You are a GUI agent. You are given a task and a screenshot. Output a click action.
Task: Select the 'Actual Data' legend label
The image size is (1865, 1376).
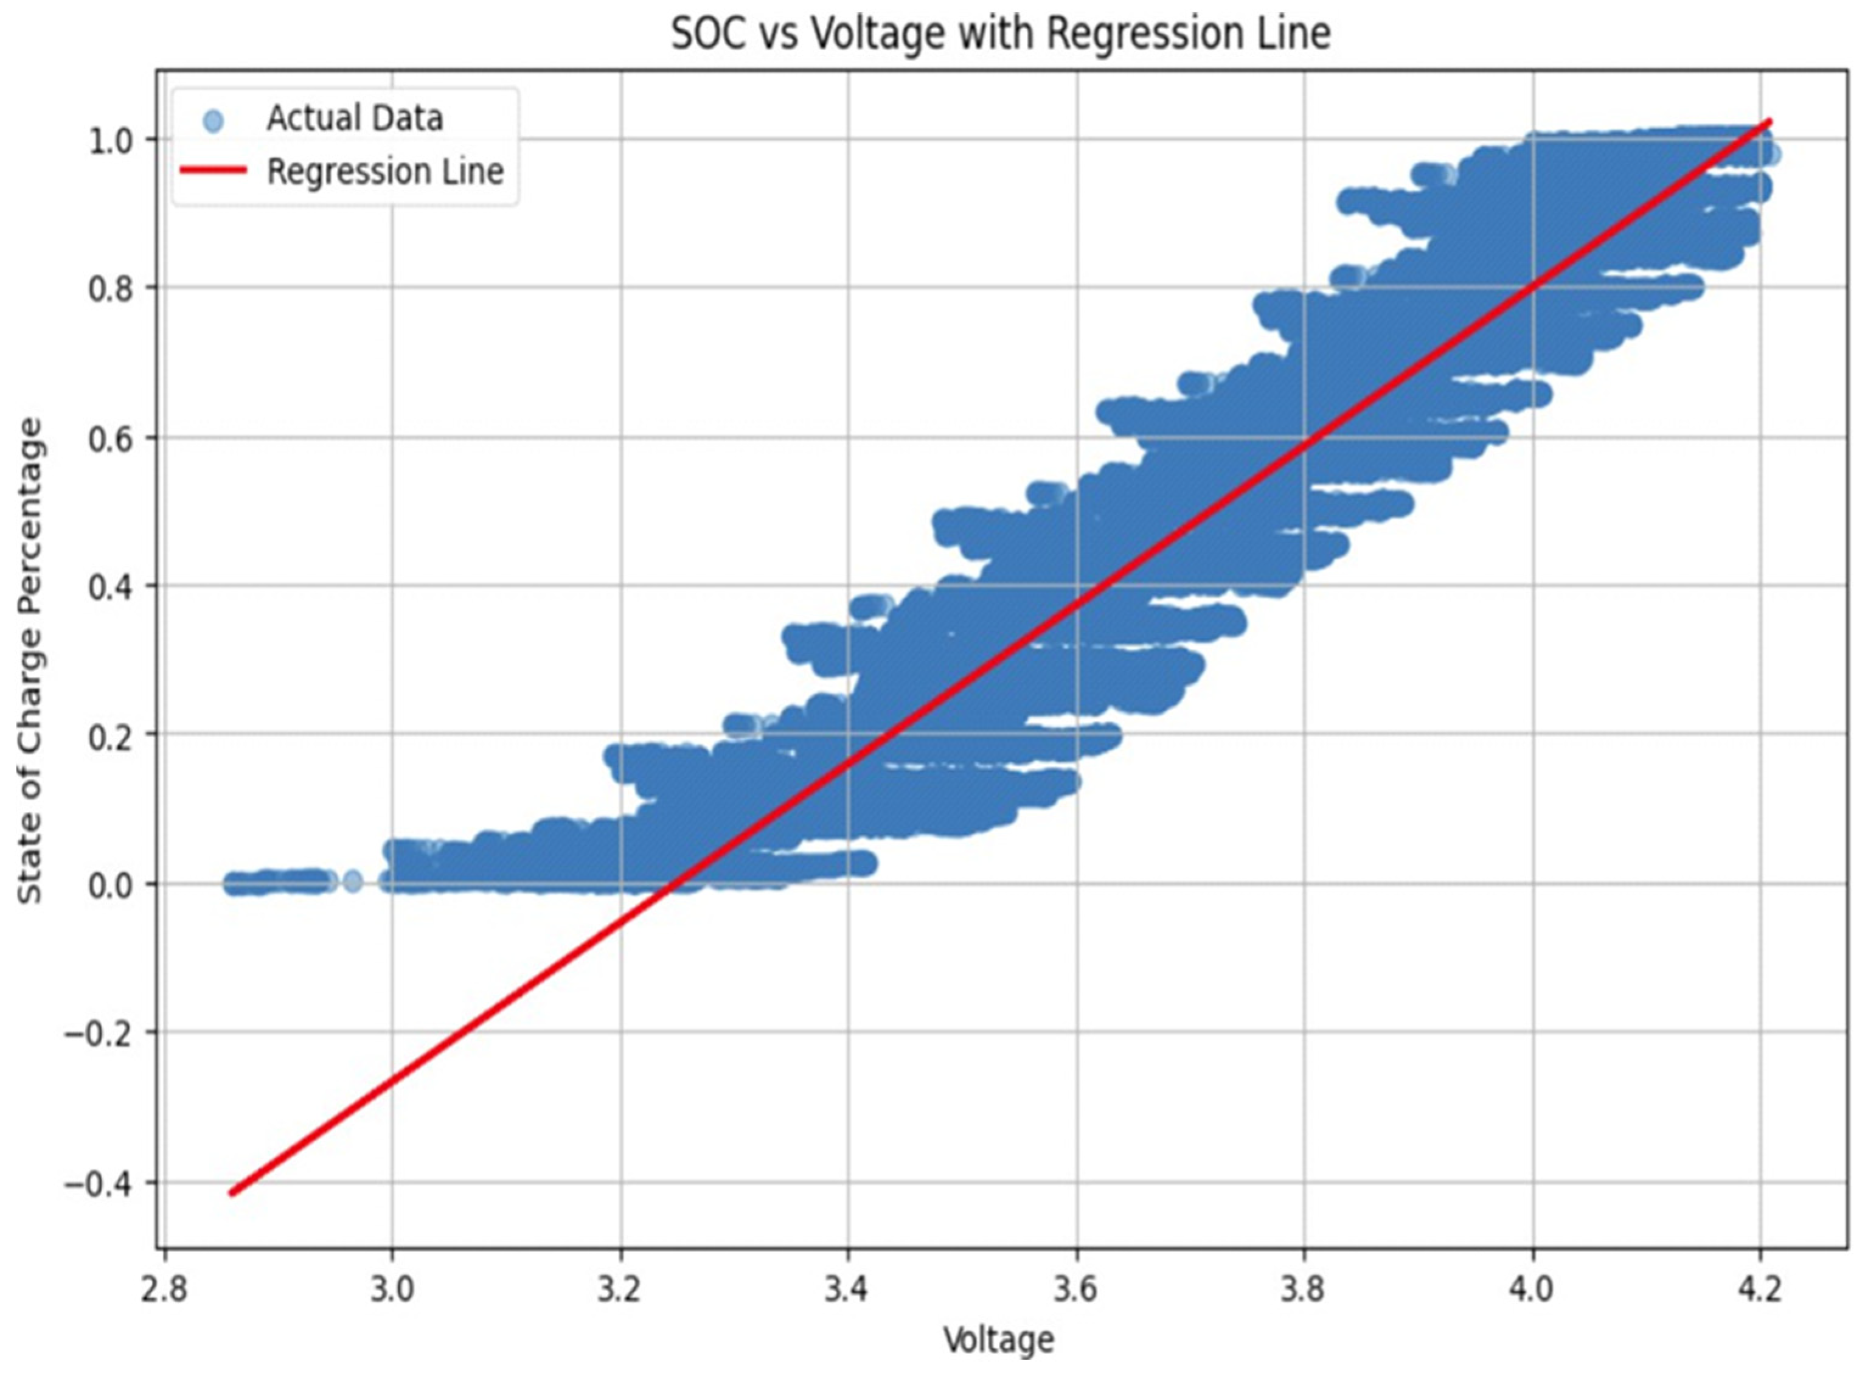click(354, 118)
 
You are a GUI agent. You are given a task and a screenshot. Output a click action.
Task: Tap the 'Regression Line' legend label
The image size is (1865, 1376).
click(385, 172)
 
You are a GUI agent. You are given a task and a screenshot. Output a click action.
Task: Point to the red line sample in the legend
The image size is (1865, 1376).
click(214, 172)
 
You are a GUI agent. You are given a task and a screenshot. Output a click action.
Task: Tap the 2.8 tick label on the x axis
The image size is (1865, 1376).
click(164, 1290)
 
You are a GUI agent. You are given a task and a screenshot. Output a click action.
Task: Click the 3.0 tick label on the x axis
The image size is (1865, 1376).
click(392, 1290)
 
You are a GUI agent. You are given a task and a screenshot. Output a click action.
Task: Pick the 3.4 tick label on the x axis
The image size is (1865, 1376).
click(848, 1290)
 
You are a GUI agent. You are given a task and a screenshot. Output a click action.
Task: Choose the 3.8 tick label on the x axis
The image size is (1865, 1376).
click(1304, 1290)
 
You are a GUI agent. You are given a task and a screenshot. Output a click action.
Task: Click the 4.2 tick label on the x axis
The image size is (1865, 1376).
click(1760, 1290)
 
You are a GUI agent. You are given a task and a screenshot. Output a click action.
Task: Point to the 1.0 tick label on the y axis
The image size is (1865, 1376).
click(111, 140)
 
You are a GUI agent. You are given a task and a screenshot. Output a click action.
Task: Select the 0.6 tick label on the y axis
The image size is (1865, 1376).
click(111, 438)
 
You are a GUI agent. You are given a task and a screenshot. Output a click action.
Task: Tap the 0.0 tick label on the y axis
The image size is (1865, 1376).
click(111, 884)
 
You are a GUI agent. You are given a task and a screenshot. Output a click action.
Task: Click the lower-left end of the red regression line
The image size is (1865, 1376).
click(232, 1193)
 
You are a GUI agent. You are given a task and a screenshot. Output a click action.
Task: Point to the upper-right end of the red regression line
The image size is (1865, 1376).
click(1769, 122)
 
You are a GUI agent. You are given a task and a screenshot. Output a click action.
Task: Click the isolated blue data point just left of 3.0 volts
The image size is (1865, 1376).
click(353, 880)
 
